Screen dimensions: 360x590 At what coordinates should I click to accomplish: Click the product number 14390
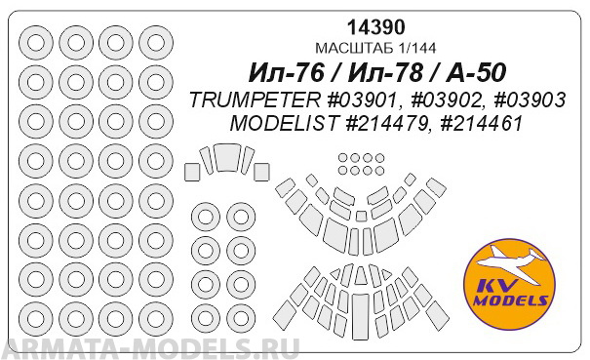pyautogui.click(x=364, y=28)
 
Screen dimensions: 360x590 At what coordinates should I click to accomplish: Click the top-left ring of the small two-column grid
pyautogui.click(x=205, y=216)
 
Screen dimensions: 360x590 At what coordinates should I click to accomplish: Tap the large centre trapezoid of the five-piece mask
pyautogui.click(x=227, y=158)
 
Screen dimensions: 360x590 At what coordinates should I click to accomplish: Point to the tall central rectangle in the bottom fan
pyautogui.click(x=361, y=306)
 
